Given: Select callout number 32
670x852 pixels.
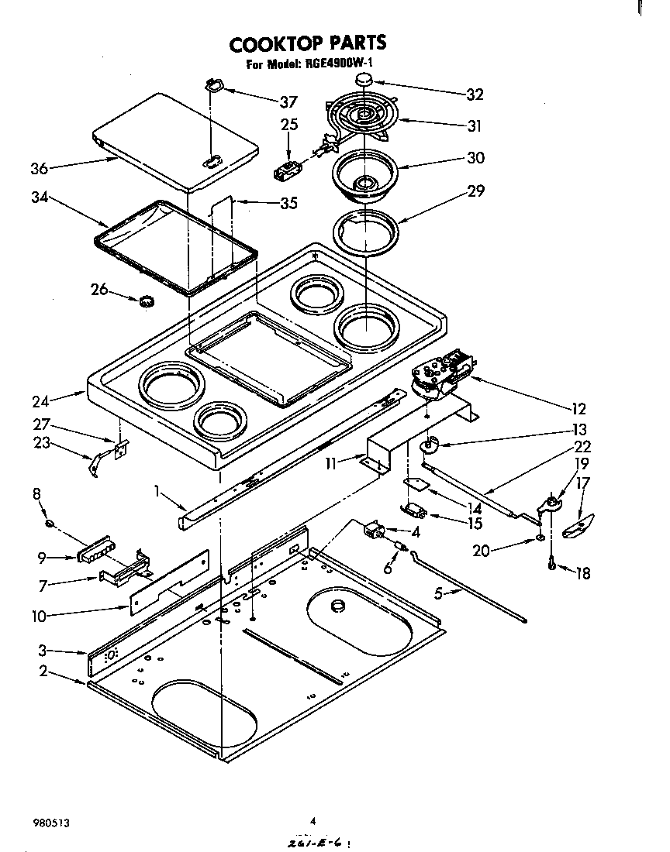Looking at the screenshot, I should pyautogui.click(x=475, y=94).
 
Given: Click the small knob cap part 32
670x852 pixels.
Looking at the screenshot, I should pyautogui.click(x=364, y=80).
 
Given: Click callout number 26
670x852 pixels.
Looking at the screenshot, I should pyautogui.click(x=99, y=290).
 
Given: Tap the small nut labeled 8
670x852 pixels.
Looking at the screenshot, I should pyautogui.click(x=49, y=524).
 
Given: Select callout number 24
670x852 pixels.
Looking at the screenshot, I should pyautogui.click(x=40, y=401).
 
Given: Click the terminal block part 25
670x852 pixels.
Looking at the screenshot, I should pyautogui.click(x=288, y=169).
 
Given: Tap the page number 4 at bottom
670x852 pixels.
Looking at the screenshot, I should pyautogui.click(x=314, y=820).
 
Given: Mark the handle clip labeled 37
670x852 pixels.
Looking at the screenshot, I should pyautogui.click(x=215, y=86).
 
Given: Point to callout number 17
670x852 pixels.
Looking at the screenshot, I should pyautogui.click(x=582, y=483).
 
